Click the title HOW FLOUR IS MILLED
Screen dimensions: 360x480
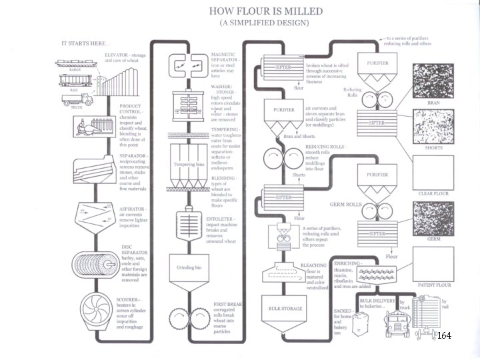click(x=265, y=11)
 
